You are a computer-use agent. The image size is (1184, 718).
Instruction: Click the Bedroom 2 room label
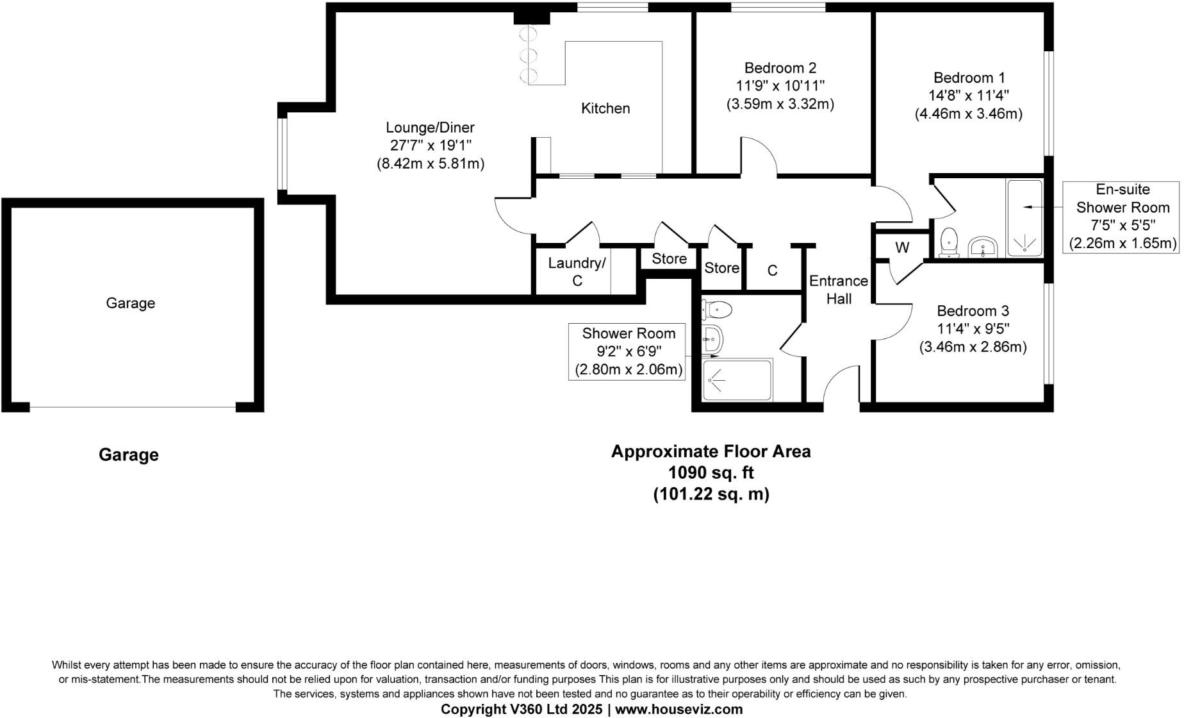(x=780, y=68)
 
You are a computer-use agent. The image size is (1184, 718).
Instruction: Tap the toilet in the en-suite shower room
(x=949, y=242)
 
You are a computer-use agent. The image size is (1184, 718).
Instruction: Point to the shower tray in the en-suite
(x=1025, y=219)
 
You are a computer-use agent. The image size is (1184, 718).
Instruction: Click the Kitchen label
(x=605, y=108)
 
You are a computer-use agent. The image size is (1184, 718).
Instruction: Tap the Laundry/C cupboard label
(x=577, y=272)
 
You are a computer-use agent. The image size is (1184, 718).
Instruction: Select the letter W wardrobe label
(x=902, y=248)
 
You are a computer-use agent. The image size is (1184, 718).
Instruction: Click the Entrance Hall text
(x=838, y=290)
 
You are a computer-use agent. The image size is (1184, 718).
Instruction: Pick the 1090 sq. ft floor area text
(x=711, y=473)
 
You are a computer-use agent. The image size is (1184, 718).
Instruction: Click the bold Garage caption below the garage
(x=129, y=455)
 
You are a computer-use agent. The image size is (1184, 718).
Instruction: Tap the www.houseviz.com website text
(x=678, y=709)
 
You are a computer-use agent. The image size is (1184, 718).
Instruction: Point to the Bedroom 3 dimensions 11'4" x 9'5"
(x=973, y=329)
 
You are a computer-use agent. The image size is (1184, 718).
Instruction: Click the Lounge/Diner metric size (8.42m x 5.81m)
(x=430, y=163)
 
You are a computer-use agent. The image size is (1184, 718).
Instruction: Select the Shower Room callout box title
(x=628, y=333)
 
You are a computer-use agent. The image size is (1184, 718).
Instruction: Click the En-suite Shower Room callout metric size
(x=1122, y=243)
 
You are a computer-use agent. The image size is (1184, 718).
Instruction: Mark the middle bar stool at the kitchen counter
(x=529, y=54)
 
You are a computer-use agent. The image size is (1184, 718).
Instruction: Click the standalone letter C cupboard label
(x=772, y=271)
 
